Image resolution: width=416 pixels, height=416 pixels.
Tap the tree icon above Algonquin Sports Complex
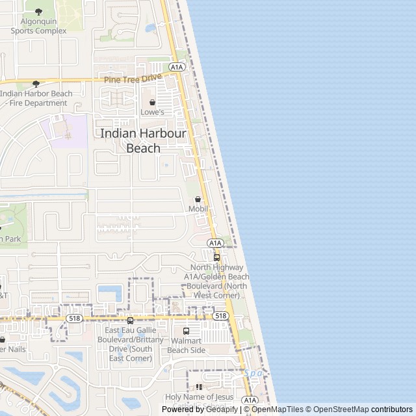tap(38, 12)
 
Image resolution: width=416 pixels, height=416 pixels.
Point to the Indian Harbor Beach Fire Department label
tap(36, 98)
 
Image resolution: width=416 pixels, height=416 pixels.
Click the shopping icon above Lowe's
tap(153, 102)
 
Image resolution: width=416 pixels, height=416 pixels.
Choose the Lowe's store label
tap(153, 112)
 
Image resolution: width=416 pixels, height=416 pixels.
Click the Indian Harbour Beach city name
tap(143, 140)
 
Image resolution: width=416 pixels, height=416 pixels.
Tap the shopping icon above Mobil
tap(198, 199)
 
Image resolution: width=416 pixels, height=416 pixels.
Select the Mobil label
tap(198, 209)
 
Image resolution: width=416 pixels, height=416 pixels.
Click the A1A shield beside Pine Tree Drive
tap(177, 67)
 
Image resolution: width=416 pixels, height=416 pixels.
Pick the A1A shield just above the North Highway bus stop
tap(216, 242)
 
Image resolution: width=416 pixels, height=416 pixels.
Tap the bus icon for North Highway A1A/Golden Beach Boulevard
tap(216, 257)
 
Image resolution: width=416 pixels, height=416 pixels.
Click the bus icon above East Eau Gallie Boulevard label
tap(131, 320)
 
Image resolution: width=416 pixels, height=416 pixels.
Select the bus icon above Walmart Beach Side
tap(187, 331)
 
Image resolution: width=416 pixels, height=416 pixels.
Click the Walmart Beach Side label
tap(187, 345)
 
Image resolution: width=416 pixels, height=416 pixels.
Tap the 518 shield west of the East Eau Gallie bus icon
tap(73, 318)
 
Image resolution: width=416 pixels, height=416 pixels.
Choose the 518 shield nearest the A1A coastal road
tap(220, 316)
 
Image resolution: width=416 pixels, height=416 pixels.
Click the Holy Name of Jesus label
tap(199, 396)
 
